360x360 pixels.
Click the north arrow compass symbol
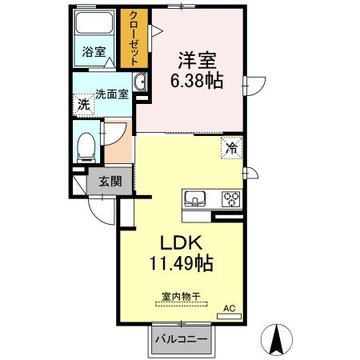coord(277,340)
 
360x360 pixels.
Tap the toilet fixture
coord(86,148)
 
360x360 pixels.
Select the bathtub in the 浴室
coord(94,22)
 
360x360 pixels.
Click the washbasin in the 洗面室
coord(140,82)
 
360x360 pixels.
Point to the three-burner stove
coord(230,199)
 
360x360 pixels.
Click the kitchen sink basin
coord(195,198)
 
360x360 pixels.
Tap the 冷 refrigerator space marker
coord(231,148)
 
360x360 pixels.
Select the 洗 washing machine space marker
coord(84,104)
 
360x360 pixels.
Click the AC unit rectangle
coord(229,317)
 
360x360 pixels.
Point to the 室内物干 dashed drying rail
coord(182,304)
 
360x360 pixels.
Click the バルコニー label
coord(182,339)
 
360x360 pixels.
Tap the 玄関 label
coord(110,182)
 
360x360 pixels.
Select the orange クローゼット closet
coord(134,38)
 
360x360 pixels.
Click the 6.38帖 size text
coord(197,80)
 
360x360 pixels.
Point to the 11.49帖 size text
coord(182,263)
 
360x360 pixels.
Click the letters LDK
coord(181,242)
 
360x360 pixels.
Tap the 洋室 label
coord(197,60)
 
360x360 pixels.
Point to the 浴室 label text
coord(94,51)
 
